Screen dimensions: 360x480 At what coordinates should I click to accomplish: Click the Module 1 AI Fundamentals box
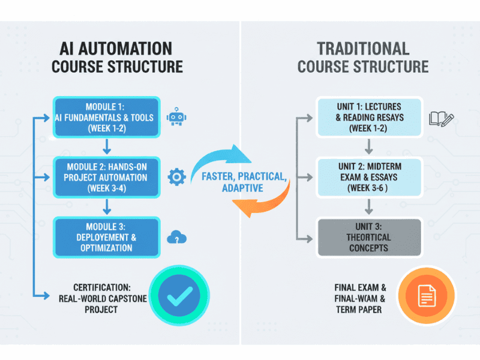coord(107,117)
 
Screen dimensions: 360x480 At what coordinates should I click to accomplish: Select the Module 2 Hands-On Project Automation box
coord(107,176)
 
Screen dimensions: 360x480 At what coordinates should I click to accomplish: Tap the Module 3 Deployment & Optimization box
coord(107,238)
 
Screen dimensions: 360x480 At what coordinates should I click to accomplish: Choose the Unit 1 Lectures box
coord(368,118)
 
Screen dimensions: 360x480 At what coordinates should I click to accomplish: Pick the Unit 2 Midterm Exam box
coord(368,177)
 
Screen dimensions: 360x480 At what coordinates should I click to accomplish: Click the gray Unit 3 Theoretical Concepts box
coord(368,238)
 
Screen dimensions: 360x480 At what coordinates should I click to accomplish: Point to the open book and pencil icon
coord(442,118)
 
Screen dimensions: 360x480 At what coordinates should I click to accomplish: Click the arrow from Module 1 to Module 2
coord(107,146)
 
